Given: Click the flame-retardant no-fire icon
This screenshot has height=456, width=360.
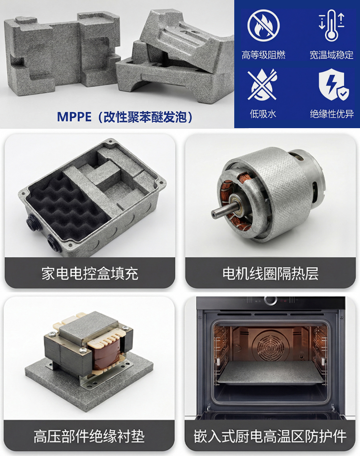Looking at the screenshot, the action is [264, 25].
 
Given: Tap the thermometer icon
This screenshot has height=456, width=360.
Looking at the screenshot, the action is [332, 25].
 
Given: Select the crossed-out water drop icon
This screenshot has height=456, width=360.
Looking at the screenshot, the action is [263, 84].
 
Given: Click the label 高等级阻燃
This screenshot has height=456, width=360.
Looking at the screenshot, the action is [264, 55].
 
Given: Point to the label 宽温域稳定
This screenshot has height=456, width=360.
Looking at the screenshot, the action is [332, 55].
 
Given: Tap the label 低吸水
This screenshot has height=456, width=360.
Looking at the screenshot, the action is [263, 114].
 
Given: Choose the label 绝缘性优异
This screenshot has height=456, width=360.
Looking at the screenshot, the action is [332, 114].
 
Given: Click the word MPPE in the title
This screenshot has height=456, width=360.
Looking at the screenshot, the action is [74, 117].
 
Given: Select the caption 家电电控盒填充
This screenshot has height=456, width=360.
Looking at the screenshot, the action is [90, 274].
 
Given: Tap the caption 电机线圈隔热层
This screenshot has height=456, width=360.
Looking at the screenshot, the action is [270, 274].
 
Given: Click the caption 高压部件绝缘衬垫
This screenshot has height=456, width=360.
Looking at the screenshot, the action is [89, 436].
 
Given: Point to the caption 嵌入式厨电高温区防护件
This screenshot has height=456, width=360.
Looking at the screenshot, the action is [270, 436].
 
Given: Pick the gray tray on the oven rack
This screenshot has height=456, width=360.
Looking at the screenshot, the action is [271, 373].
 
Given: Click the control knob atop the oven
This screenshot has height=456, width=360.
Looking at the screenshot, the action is [271, 300].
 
